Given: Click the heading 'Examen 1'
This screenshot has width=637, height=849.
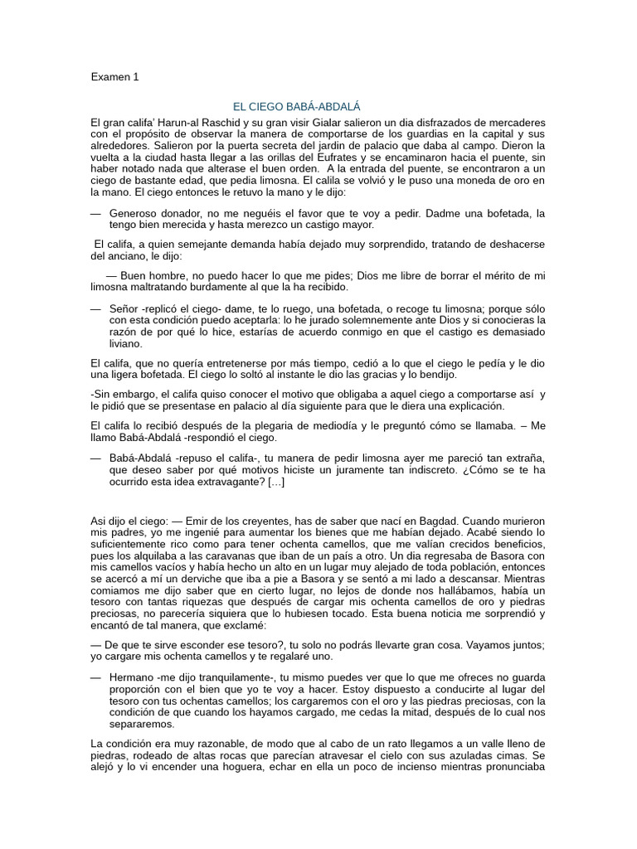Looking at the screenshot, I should coord(115,77).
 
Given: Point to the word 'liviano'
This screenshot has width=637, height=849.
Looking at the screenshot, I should coord(125,343).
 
